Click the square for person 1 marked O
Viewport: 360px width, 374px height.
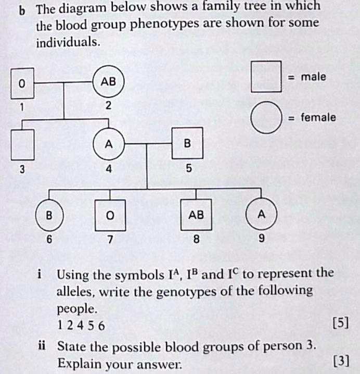21,83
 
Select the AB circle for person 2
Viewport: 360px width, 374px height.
108,82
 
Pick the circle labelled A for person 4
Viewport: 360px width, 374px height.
109,144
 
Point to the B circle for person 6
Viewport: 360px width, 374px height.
49,215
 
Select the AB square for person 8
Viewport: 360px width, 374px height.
196,215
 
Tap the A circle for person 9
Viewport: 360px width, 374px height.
261,214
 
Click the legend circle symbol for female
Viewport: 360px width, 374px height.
266,118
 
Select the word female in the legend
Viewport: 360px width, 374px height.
318,117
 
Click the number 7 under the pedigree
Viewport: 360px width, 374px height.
110,240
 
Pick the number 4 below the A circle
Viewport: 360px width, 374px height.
109,169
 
